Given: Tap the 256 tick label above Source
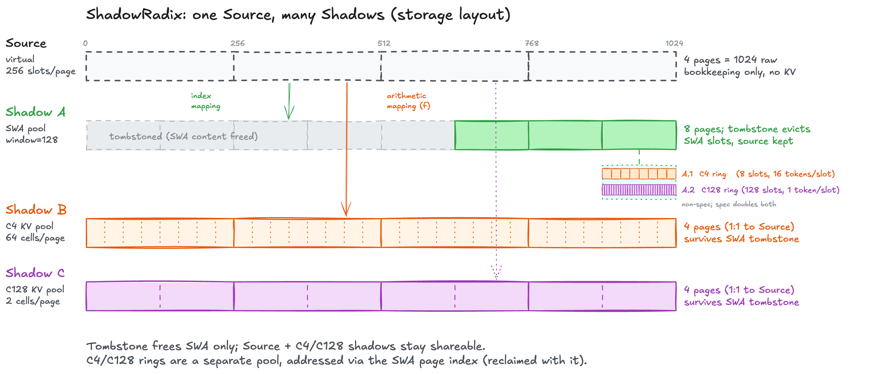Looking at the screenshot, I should (x=237, y=43).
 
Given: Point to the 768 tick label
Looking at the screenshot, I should (x=532, y=43).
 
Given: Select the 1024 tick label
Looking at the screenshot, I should (x=674, y=43).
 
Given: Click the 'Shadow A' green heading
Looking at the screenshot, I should (x=36, y=112).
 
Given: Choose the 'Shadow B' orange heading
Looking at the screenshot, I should (x=36, y=210).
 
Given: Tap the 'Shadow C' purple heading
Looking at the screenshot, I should (x=35, y=273).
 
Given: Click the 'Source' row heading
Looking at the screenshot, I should (x=26, y=43).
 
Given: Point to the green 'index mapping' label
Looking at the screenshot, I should (x=205, y=101).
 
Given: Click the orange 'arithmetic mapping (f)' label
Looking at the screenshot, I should (x=408, y=101).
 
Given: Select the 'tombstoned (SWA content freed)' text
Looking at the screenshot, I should (x=183, y=136).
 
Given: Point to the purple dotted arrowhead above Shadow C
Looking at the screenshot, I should (x=496, y=273).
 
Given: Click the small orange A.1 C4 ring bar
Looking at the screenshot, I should (x=639, y=174).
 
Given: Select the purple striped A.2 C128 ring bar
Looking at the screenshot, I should (x=639, y=190).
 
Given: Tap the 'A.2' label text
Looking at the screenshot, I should (x=688, y=190).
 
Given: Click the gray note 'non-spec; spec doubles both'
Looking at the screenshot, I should (x=729, y=204).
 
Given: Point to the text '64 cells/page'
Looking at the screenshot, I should (x=35, y=238).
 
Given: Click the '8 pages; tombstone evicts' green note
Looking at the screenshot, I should (x=747, y=129).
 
